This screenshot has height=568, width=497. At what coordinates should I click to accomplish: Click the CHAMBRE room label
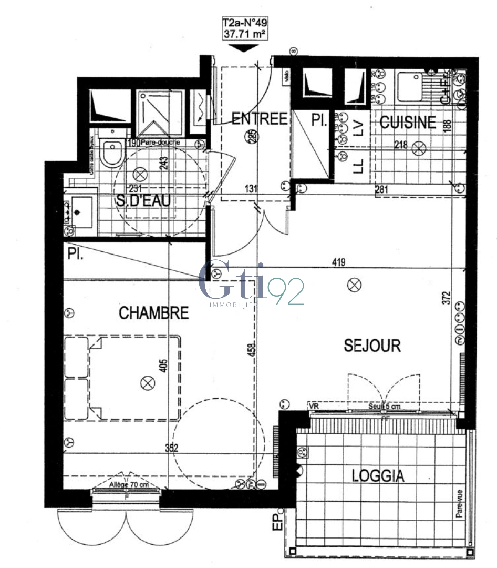153,313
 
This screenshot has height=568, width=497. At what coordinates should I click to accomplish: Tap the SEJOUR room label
372,346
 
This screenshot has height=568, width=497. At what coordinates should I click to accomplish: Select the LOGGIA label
378,476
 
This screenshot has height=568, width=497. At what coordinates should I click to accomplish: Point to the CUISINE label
408,123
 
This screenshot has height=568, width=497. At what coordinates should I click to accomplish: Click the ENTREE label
260,119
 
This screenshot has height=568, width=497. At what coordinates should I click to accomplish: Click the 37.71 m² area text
244,36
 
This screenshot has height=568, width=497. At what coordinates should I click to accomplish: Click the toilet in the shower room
112,153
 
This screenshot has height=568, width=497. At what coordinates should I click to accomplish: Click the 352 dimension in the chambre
171,449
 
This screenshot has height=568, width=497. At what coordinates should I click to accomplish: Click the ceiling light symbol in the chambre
147,383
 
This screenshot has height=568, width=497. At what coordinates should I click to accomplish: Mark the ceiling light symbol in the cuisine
419,149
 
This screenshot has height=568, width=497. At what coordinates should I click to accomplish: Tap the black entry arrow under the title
244,48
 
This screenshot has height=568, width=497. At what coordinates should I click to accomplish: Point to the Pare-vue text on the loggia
460,504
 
